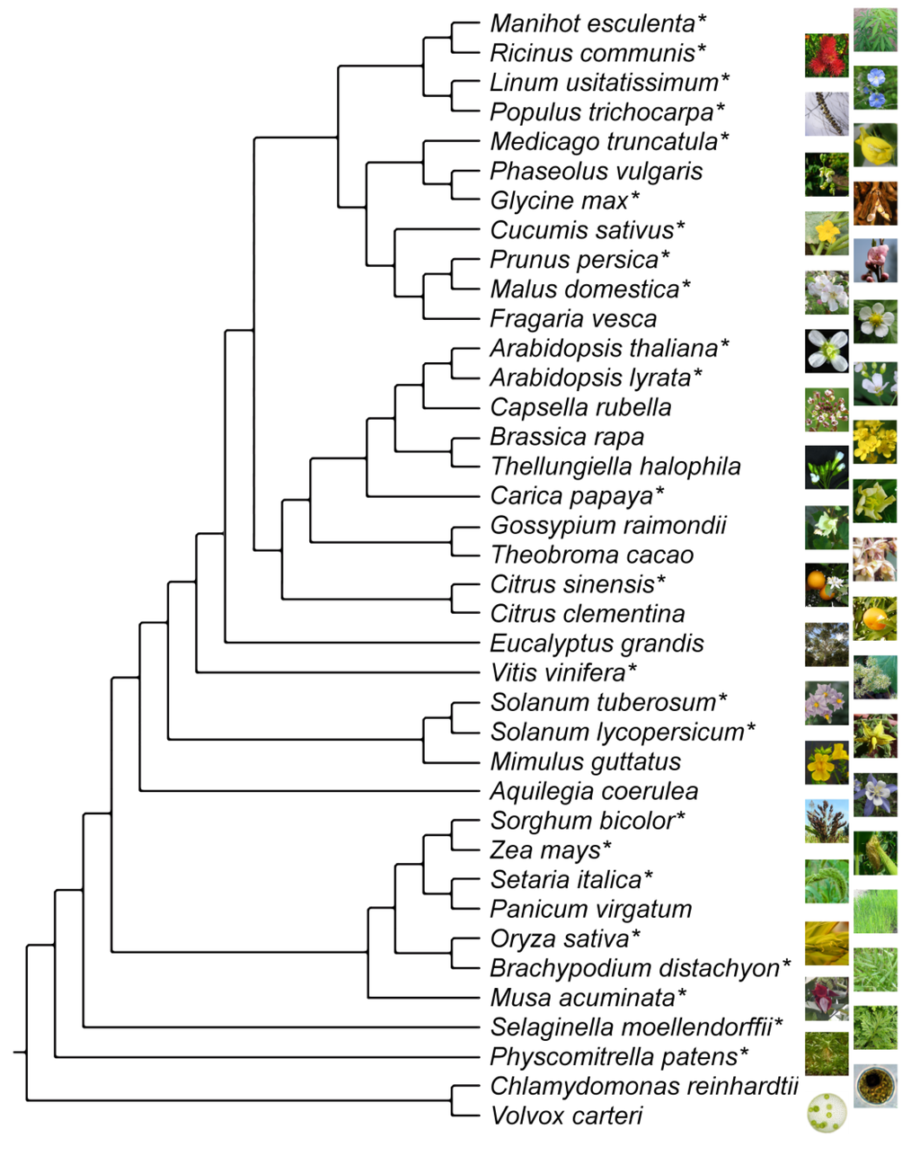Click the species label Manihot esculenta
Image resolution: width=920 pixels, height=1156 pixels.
point(593,23)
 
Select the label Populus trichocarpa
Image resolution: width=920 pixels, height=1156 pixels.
point(601,112)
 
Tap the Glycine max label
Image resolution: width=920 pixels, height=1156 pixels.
point(559,200)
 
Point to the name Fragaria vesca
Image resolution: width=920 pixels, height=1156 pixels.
point(573,319)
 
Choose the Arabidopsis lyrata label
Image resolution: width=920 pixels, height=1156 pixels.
point(590,378)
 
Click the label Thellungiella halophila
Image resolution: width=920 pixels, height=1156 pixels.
point(615,467)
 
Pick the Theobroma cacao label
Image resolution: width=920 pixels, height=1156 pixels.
point(592,555)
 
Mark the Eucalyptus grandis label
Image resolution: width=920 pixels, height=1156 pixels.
point(597,644)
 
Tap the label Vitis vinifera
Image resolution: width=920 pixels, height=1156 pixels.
point(558,672)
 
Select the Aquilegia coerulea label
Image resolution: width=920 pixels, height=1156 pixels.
point(594,791)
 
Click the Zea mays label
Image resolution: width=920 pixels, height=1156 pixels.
point(545,850)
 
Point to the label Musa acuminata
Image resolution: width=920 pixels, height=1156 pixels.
point(582,998)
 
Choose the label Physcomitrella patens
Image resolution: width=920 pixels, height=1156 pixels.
point(614,1057)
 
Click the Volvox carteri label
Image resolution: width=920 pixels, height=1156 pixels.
point(567,1116)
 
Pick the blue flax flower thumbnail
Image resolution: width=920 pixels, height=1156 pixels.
point(875,87)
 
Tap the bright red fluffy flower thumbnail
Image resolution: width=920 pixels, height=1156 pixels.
point(827,56)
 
